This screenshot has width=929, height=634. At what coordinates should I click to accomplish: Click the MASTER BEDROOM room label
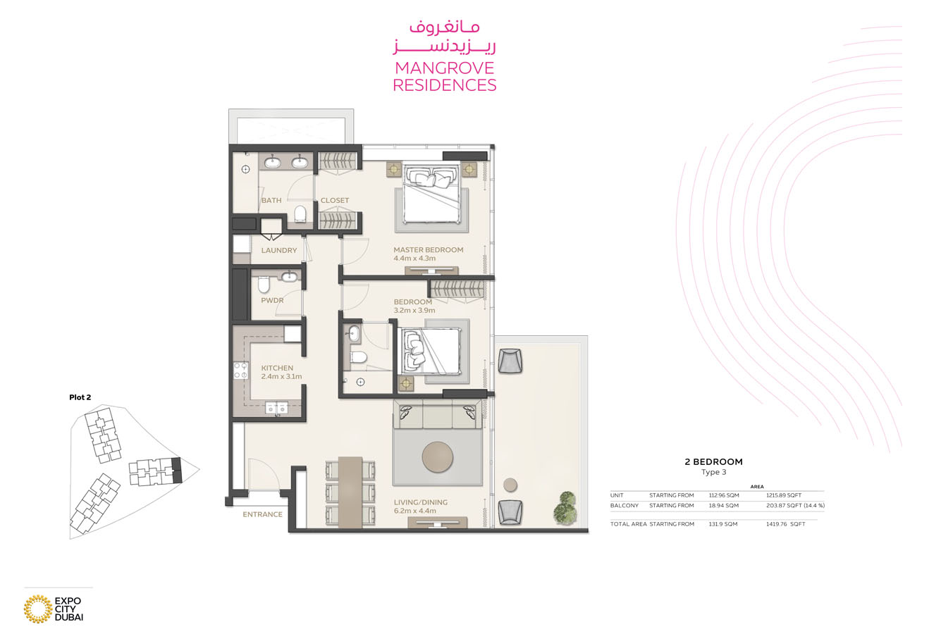[428, 249]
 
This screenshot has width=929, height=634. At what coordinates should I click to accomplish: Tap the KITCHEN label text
[277, 368]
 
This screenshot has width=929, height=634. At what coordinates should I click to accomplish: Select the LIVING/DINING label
[420, 502]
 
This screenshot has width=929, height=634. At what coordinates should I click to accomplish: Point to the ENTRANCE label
[262, 514]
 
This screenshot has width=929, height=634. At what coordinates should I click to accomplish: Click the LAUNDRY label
[278, 250]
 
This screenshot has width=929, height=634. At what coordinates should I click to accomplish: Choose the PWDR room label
[272, 301]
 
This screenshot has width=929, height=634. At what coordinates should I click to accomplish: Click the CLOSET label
[334, 200]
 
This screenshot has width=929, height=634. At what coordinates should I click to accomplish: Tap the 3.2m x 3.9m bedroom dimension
[414, 310]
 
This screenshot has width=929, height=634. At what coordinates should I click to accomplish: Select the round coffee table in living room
[437, 456]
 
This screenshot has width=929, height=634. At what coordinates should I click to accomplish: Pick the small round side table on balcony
[510, 485]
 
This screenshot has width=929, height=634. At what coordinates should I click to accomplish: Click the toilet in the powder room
[264, 285]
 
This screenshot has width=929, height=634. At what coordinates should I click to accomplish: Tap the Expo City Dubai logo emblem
[37, 609]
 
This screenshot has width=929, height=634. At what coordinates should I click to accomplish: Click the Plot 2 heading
[80, 397]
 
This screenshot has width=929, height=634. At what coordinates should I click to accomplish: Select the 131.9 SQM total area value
[723, 524]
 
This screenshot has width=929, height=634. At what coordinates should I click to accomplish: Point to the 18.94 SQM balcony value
[723, 505]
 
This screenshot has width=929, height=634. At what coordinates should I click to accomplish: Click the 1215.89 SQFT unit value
[783, 495]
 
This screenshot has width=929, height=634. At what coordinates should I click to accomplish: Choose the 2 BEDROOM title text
[713, 462]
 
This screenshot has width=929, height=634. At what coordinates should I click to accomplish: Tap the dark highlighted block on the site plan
[176, 469]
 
